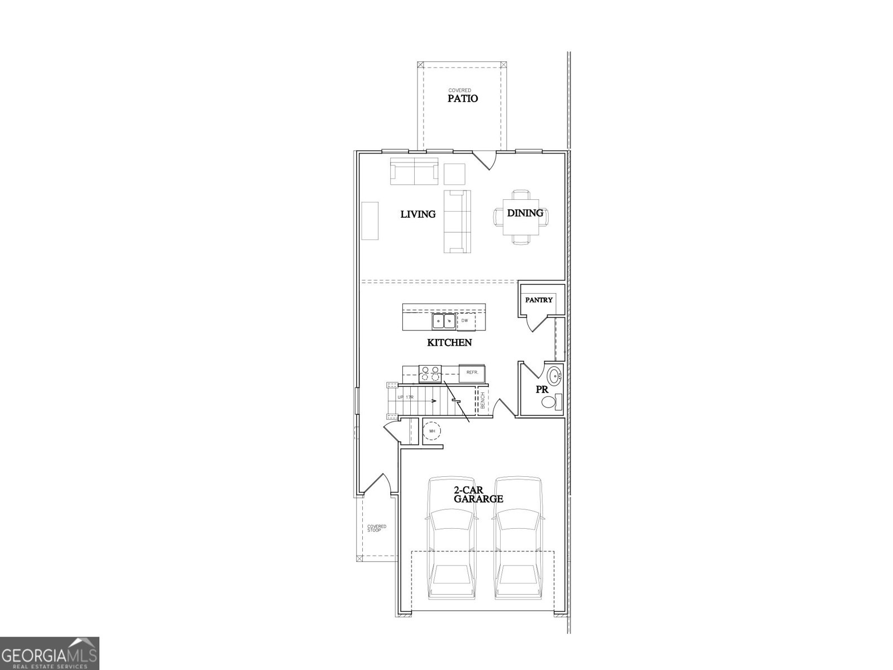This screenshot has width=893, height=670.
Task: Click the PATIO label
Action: coord(463,98)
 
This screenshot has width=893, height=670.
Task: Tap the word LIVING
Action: coord(418,214)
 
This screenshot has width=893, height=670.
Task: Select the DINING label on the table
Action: coord(525,213)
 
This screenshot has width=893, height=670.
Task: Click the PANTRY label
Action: coord(539,300)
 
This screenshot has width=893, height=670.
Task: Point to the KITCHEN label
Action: coord(449,342)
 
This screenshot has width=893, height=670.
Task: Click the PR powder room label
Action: coord(542,390)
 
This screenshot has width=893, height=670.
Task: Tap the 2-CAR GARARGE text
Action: coord(478,494)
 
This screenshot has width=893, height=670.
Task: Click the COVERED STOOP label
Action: coord(376,528)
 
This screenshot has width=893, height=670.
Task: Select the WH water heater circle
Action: coord(431,431)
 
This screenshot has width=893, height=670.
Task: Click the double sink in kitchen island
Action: coord(444,322)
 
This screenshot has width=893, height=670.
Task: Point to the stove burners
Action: coord(430,374)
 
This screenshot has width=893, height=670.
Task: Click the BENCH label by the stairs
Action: coord(482,401)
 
